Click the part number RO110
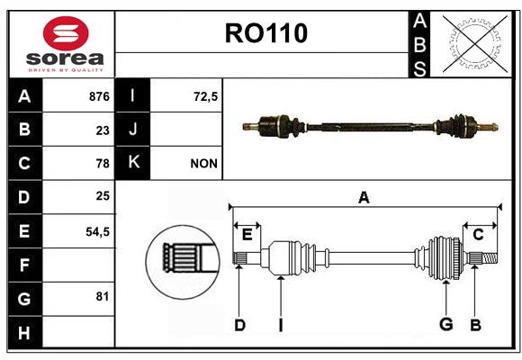[266, 33]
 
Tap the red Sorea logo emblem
[66, 33]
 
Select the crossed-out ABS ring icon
[475, 43]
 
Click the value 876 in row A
[99, 96]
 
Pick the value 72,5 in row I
[205, 96]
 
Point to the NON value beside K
[203, 164]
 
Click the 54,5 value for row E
[97, 231]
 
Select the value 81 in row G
[103, 296]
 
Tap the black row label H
[25, 332]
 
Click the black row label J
[132, 130]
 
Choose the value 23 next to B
[103, 130]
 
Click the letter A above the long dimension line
[364, 197]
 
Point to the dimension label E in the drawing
[247, 235]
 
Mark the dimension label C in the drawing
[479, 235]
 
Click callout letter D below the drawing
[239, 325]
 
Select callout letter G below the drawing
[446, 324]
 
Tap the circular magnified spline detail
[183, 262]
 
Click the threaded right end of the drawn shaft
[490, 258]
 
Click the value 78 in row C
[103, 164]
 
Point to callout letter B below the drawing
[475, 325]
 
